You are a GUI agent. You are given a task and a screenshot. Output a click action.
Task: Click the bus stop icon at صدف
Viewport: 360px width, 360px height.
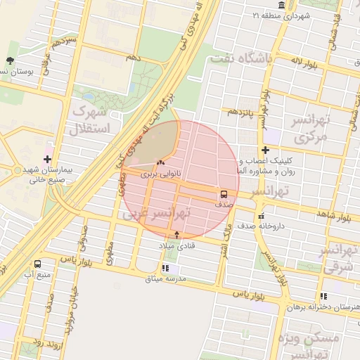click(224, 193)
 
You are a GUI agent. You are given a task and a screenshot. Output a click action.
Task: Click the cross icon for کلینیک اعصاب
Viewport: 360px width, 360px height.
click(265, 150)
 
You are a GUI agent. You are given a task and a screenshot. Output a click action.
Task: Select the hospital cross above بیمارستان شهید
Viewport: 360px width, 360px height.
click(48, 159)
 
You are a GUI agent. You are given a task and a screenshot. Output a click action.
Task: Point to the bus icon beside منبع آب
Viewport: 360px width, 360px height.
click(37, 264)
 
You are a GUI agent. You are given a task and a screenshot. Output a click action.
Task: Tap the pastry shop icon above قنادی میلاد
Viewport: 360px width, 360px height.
click(176, 234)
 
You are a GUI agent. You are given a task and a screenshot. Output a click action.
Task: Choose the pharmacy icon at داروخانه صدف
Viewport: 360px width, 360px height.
click(261, 215)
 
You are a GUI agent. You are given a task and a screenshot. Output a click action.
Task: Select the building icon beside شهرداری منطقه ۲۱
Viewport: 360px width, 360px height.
click(281, 6)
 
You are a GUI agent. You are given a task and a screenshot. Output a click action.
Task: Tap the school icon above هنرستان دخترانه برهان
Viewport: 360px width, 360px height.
click(323, 297)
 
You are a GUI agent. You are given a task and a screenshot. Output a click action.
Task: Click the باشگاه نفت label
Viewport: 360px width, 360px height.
click(240, 58)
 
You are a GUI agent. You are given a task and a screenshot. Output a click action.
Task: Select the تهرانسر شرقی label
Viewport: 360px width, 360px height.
click(341, 258)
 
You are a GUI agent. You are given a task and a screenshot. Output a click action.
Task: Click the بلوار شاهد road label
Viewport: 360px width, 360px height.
click(333, 215)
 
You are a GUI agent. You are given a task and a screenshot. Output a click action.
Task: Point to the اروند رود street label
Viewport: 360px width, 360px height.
click(51, 347)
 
